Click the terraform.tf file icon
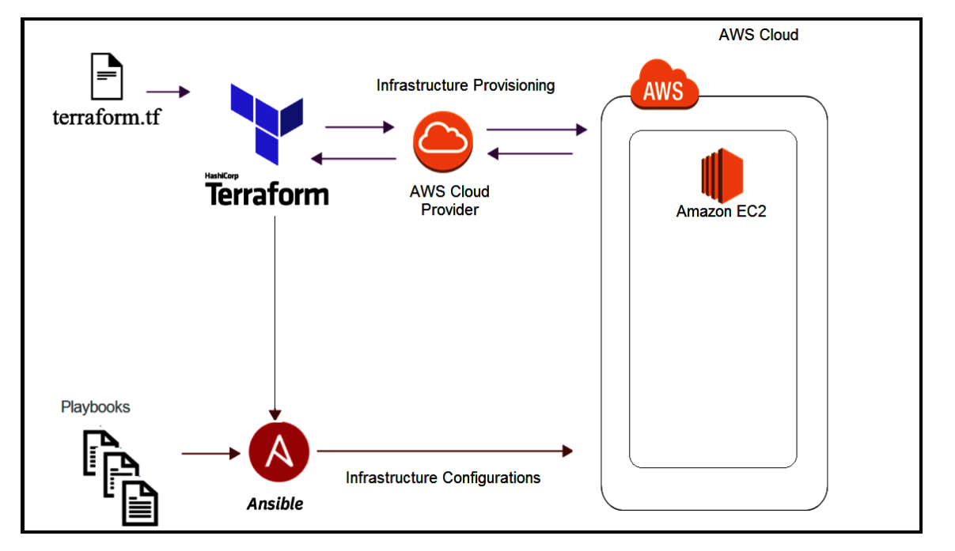click(x=107, y=76)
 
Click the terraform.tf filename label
click(x=107, y=117)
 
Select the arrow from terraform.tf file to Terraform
click(x=168, y=92)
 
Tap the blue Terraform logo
click(x=267, y=124)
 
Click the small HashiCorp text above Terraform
click(x=222, y=175)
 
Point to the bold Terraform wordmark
click(x=267, y=194)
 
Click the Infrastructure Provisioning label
click(x=465, y=85)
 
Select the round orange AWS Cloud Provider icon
click(x=443, y=142)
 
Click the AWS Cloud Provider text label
click(x=449, y=201)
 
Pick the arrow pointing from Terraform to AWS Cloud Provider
click(x=360, y=127)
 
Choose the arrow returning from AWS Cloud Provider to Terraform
click(x=354, y=159)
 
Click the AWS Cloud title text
click(x=759, y=35)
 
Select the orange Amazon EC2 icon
click(x=722, y=175)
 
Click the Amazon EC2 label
click(x=722, y=211)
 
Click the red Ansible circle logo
click(x=279, y=451)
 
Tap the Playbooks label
click(x=96, y=407)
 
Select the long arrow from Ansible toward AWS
click(x=445, y=451)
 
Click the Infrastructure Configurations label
click(x=443, y=477)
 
